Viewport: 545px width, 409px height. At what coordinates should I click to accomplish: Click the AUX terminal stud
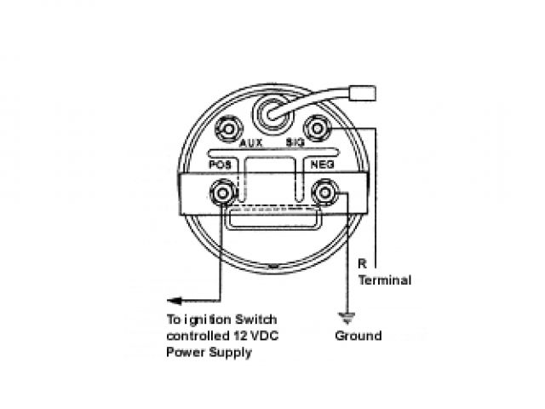point(227,129)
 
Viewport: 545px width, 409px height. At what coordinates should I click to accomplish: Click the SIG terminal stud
point(318,128)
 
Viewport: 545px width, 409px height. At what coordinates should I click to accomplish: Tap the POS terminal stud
point(223,194)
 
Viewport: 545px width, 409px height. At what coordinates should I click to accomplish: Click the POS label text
point(221,162)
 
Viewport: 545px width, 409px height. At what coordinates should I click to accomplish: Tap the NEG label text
point(320,163)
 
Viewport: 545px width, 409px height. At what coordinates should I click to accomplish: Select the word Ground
point(358,336)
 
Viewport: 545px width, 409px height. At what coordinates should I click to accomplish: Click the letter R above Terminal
point(362,265)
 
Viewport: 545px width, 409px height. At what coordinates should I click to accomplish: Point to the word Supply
point(230,352)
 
